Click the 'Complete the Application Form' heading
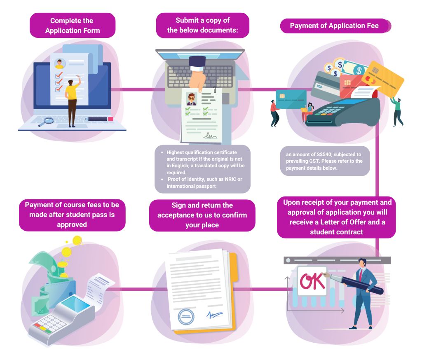[72, 25]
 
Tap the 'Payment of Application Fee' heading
[334, 26]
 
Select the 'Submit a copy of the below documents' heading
[202, 25]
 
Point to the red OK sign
[312, 281]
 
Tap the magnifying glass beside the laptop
[49, 121]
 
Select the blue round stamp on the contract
[185, 317]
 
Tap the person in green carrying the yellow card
[397, 110]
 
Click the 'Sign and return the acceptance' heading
[202, 215]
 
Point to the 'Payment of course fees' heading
[72, 215]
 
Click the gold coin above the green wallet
[77, 240]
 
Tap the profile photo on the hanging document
[191, 99]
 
